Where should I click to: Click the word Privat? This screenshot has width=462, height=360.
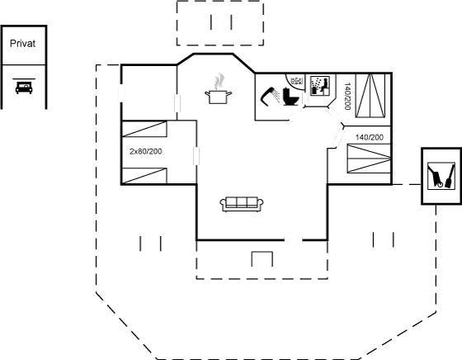(x=23, y=44)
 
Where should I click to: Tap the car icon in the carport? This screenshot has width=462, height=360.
(x=24, y=87)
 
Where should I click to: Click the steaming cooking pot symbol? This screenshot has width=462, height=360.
(x=218, y=89)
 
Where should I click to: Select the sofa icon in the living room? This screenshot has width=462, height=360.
(x=242, y=204)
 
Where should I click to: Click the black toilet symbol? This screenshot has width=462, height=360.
(x=291, y=97)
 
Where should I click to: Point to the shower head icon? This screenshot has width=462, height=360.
(x=271, y=96)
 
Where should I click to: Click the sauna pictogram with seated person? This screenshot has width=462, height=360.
(x=320, y=86)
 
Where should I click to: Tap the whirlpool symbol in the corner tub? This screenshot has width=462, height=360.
(x=296, y=80)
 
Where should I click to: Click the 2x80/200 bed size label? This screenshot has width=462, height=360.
(x=145, y=152)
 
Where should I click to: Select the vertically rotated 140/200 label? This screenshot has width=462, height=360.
(x=347, y=96)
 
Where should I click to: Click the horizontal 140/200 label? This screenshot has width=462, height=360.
(x=370, y=137)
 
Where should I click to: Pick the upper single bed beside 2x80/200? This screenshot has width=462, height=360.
(x=144, y=129)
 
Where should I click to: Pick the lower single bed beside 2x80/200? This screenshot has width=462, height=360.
(x=144, y=176)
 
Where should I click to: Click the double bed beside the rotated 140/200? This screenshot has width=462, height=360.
(x=370, y=96)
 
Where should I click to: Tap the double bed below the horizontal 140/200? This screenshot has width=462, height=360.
(x=369, y=158)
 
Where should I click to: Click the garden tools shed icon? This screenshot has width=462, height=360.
(x=441, y=176)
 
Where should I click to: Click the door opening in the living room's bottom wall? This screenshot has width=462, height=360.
(x=294, y=240)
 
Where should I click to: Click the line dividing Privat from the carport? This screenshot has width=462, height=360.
(x=24, y=64)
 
